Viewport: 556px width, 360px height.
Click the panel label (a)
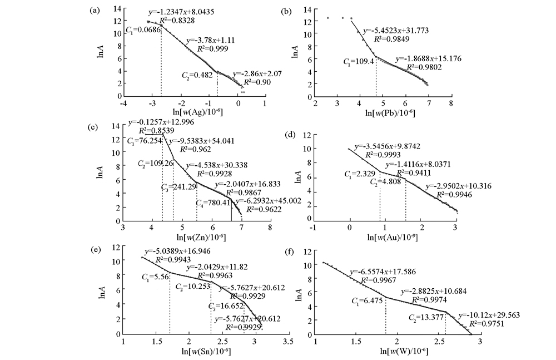[96, 9]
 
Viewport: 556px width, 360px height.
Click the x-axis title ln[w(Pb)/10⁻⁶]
[384, 114]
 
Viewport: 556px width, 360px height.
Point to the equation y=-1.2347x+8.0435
[180, 12]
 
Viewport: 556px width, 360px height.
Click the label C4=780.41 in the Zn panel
[214, 203]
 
